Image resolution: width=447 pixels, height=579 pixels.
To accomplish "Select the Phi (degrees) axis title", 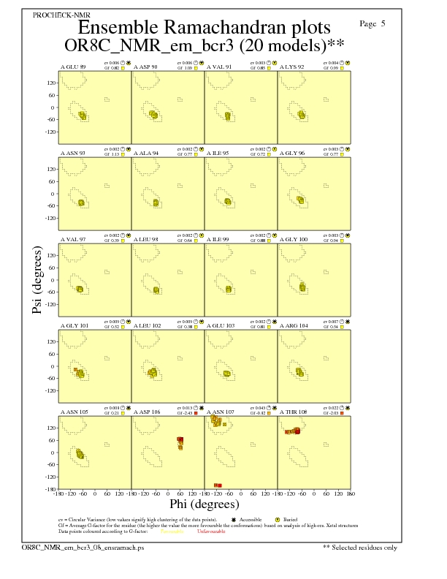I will pos(204,504).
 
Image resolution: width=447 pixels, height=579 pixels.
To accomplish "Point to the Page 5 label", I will pos(372,23).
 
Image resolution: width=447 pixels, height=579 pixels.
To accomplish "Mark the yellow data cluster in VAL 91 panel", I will pos(228,116).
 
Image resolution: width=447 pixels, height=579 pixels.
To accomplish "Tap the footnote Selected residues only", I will pos(359,547).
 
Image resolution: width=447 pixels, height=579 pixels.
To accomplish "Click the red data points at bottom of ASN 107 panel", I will pos(218,485).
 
